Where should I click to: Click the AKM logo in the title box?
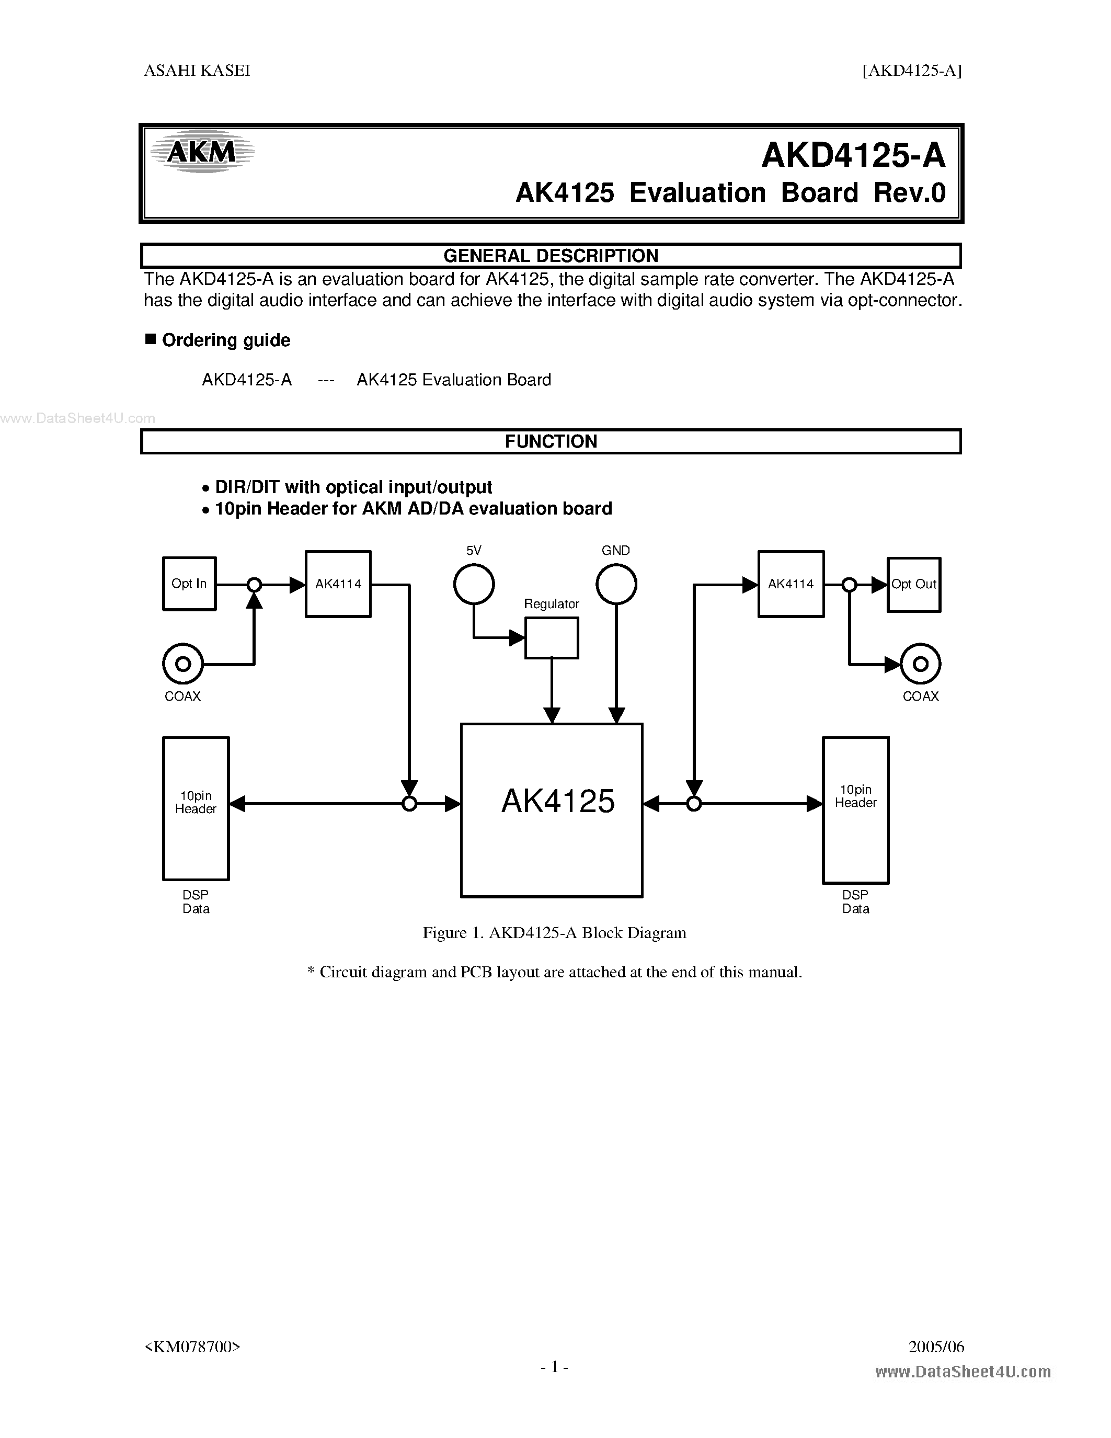pos(201,153)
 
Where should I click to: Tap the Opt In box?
pos(189,584)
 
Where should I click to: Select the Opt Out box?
pos(913,585)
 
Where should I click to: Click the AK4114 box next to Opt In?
pos(338,584)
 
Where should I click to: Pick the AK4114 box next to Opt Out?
pos(791,584)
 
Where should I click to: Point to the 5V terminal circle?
pos(474,584)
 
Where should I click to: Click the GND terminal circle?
pos(616,584)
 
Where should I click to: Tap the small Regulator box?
pos(552,637)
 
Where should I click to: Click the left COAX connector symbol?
pos(183,664)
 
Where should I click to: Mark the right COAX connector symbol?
pos(920,664)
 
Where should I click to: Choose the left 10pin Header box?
pos(196,808)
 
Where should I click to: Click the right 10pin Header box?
pos(856,809)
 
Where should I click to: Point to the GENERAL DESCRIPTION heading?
pos(551,256)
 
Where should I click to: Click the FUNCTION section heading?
pos(551,441)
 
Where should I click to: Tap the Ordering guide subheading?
pos(226,340)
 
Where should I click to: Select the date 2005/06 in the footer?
pos(936,1346)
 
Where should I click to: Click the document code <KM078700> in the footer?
pos(192,1346)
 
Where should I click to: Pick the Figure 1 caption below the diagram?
pos(554,932)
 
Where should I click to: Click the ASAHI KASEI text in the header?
pos(197,71)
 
